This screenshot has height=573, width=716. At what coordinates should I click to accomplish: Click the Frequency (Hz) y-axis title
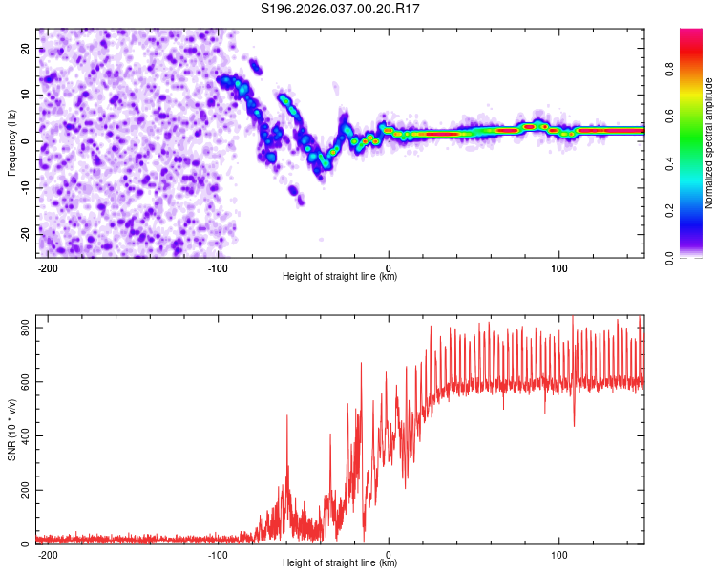(11, 142)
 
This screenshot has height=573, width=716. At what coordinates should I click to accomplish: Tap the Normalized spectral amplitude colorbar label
(709, 143)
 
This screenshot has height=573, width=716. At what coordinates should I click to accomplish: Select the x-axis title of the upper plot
(340, 277)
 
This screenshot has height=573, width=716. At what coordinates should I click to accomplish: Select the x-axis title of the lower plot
(340, 563)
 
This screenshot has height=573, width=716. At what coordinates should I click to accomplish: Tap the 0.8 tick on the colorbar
(697, 69)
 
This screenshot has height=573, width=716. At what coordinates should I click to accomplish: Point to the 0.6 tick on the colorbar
(697, 116)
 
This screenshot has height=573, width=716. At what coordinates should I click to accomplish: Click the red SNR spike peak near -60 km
(286, 415)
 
